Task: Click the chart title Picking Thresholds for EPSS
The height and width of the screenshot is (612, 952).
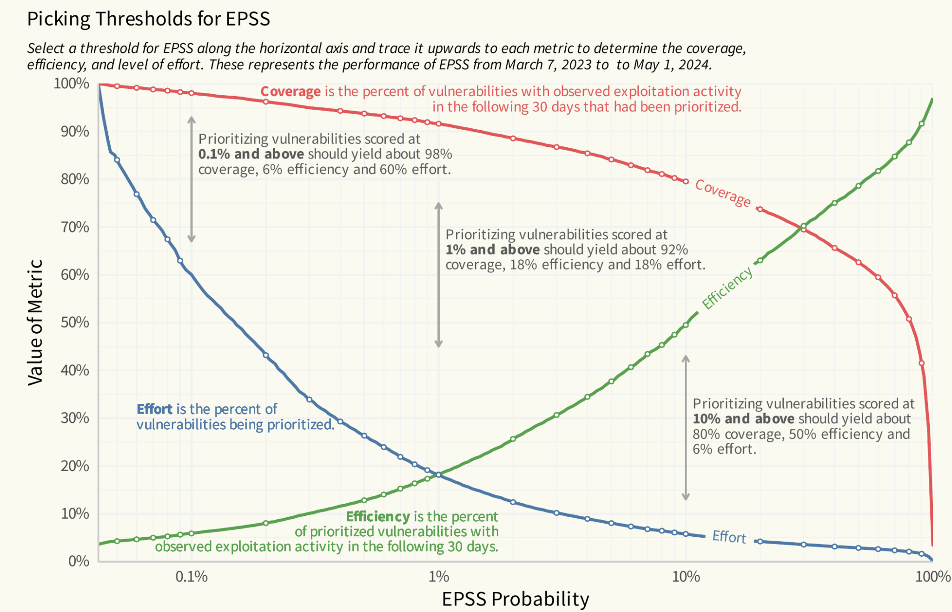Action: tap(148, 19)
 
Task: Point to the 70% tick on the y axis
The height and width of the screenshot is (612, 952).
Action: tap(75, 227)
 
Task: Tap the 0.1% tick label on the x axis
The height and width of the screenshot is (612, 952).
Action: tap(191, 577)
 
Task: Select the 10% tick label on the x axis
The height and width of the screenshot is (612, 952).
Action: tap(686, 577)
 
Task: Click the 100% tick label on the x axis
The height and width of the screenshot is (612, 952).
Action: tap(932, 577)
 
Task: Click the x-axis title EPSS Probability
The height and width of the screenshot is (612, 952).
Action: tap(515, 599)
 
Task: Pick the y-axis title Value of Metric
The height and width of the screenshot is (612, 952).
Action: tap(35, 322)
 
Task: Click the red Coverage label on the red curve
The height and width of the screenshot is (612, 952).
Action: tap(722, 193)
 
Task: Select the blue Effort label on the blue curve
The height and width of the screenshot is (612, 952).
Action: tap(729, 537)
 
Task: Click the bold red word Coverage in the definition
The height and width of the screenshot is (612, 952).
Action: tap(290, 92)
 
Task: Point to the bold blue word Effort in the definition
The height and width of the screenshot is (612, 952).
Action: tap(154, 409)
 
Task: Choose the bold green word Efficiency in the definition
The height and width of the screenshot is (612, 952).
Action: tap(377, 516)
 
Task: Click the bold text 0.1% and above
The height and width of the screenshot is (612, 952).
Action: tap(251, 154)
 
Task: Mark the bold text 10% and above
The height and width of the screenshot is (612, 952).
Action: tap(743, 419)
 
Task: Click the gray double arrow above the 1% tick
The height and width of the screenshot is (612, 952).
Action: tap(438, 275)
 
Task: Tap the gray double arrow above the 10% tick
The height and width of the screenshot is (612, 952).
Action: tap(685, 428)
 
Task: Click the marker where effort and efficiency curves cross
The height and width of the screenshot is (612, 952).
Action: tap(438, 474)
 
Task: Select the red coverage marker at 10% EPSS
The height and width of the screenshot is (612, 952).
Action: tap(686, 181)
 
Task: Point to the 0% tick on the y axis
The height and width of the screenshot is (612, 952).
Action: tap(79, 561)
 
